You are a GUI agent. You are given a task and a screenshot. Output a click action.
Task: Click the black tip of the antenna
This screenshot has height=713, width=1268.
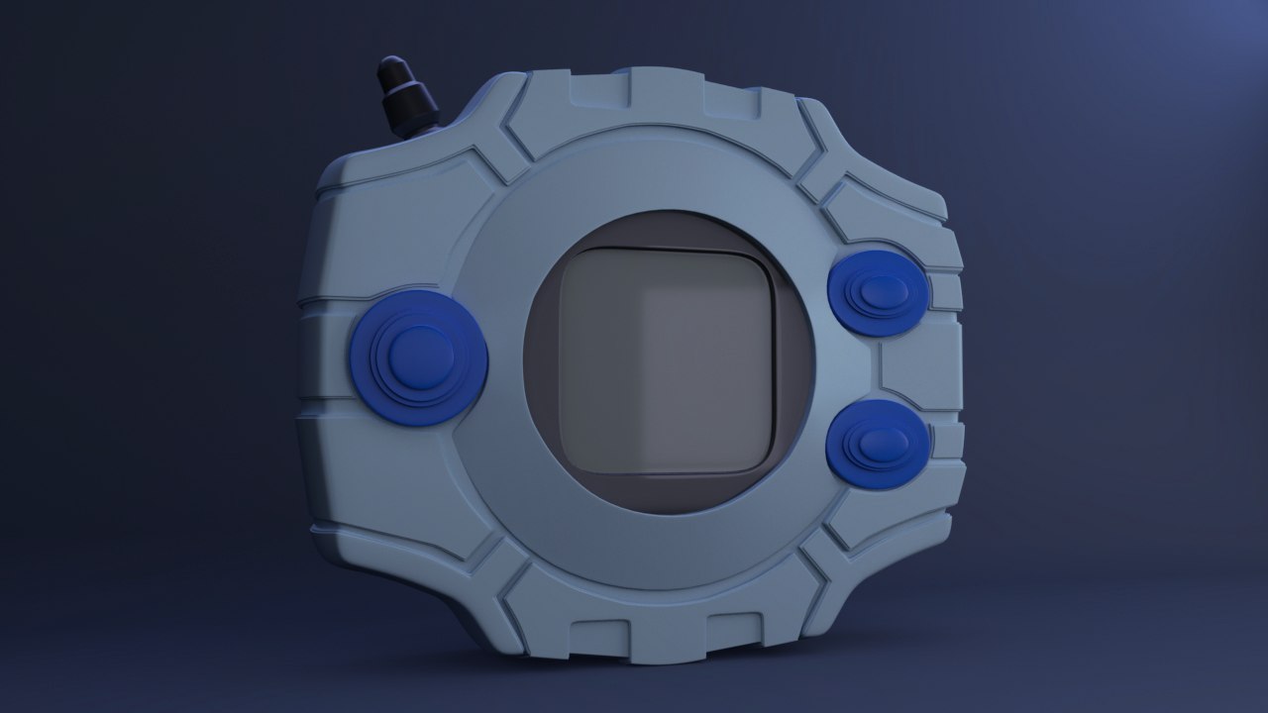click(x=393, y=72)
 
